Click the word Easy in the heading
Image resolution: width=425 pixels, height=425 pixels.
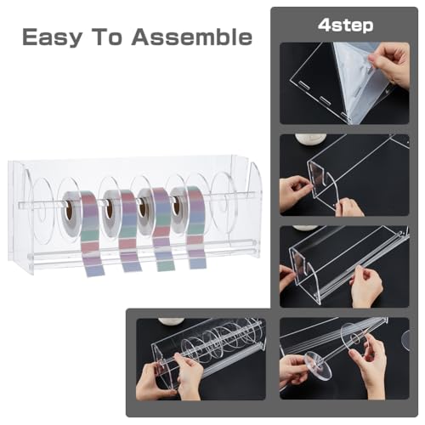point(53,37)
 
